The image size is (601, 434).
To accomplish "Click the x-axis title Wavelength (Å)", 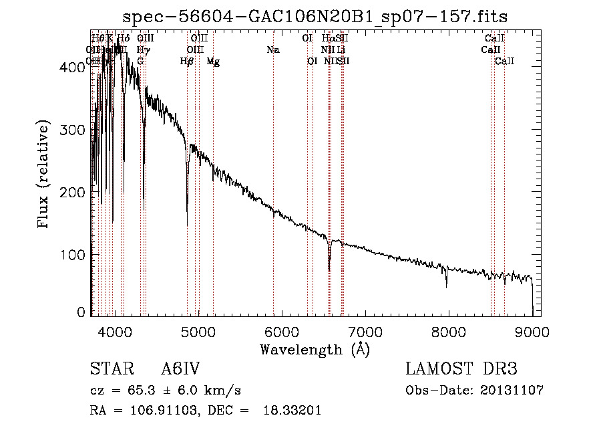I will pos(315,349).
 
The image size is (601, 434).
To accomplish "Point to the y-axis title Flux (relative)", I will pos(44,175).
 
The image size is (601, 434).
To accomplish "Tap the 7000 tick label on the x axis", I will pos(365,330).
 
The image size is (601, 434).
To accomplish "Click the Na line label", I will pos(272,49).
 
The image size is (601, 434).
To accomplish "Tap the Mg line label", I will pos(213,62).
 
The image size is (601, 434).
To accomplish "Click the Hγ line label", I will pos(142,49).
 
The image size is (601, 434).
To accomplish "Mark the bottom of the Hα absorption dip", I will pos(329,269).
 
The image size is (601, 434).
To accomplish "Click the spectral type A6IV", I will pos(181,370).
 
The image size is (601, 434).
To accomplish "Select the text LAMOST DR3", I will pos(461,370).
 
